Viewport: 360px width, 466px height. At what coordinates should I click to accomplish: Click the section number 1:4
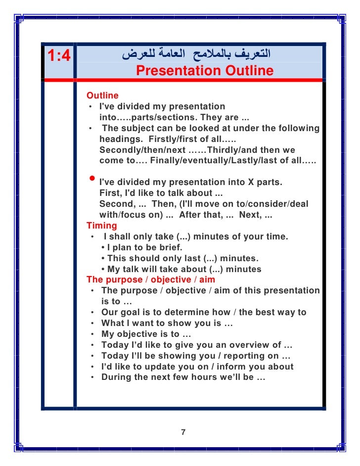click(59, 55)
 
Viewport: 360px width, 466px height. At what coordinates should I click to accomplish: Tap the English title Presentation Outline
click(204, 71)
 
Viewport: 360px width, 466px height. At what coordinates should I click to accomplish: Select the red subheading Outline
click(102, 95)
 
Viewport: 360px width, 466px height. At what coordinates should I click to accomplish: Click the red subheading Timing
click(102, 226)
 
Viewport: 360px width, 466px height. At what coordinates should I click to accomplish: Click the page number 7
click(183, 432)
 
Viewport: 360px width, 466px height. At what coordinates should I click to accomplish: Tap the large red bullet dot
click(91, 179)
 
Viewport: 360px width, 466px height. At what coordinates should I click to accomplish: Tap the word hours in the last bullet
click(198, 377)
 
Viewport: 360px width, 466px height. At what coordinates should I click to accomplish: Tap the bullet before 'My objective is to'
click(93, 334)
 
